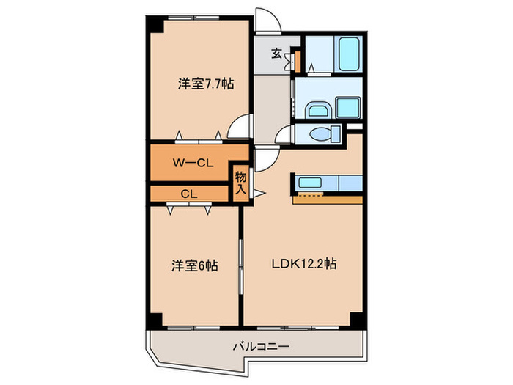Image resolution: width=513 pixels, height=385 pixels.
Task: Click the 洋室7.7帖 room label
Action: tap(205, 84)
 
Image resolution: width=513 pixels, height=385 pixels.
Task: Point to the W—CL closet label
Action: tap(193, 164)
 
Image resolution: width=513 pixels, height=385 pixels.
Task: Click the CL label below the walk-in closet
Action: tap(188, 194)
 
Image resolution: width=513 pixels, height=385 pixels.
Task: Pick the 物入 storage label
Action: tap(240, 182)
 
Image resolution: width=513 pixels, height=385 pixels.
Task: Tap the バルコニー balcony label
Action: tap(262, 345)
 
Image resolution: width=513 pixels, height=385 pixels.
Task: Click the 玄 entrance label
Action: tap(277, 53)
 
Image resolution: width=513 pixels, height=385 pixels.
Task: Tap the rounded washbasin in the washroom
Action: tap(317, 111)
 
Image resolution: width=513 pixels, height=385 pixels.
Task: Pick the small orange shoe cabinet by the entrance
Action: tap(296, 58)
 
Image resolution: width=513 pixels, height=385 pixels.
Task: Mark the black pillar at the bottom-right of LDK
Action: tap(356, 320)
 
